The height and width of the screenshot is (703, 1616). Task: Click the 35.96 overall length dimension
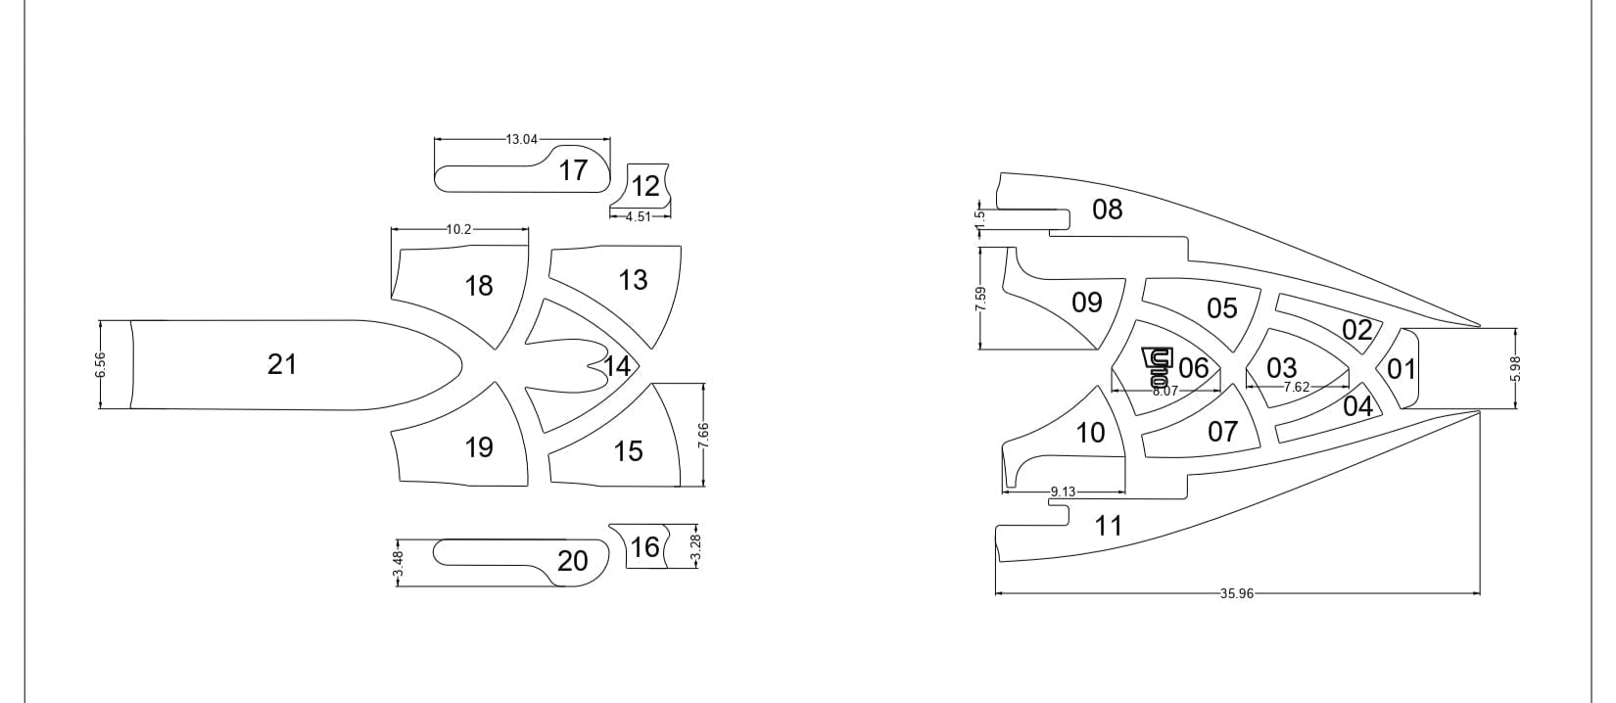click(x=1237, y=594)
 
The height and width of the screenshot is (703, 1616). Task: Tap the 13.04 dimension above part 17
click(x=522, y=139)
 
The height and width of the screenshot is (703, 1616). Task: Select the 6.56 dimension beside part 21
click(x=100, y=364)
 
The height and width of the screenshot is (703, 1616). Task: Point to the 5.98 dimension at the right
click(x=1515, y=368)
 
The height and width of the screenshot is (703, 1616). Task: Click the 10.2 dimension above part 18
click(x=458, y=229)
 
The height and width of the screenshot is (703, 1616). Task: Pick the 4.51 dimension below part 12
click(x=638, y=216)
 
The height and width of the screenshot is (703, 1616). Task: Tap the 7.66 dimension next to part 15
click(x=703, y=435)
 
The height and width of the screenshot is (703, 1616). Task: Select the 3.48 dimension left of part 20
click(x=398, y=563)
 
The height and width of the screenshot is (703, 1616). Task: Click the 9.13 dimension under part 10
click(x=1063, y=492)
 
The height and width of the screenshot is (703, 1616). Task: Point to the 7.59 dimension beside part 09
click(x=979, y=299)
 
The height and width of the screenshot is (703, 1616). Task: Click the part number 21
click(x=282, y=364)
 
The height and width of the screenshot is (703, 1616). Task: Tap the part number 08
click(x=1108, y=210)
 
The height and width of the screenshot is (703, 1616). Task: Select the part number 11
click(x=1109, y=526)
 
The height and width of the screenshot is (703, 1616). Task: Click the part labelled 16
click(x=645, y=547)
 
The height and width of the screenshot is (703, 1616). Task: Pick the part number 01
click(x=1402, y=368)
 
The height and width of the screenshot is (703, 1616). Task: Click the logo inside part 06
click(x=1158, y=366)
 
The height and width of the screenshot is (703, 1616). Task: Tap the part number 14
click(x=618, y=366)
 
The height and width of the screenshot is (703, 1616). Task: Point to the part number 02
click(x=1357, y=330)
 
